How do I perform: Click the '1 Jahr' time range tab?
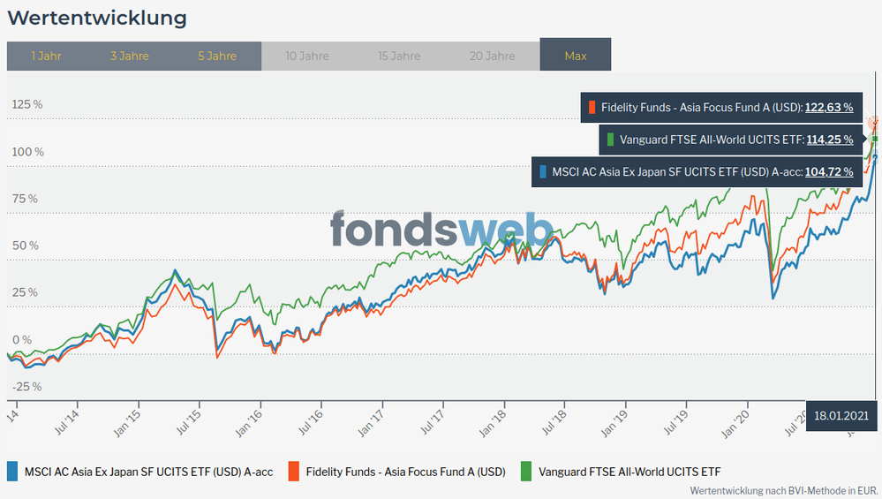coord(46,56)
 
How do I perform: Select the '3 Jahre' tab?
coord(130,56)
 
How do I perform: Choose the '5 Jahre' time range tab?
coord(217,56)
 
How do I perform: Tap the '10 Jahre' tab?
coord(307,56)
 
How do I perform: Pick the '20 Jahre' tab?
coord(493,56)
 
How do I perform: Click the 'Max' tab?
coord(576,56)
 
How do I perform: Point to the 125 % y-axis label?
coord(27,104)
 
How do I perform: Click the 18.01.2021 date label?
coord(842,414)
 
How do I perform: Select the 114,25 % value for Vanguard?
coord(829,140)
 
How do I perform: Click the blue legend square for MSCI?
coord(12,472)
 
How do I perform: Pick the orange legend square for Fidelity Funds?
coord(294,472)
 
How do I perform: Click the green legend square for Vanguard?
coord(527,472)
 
